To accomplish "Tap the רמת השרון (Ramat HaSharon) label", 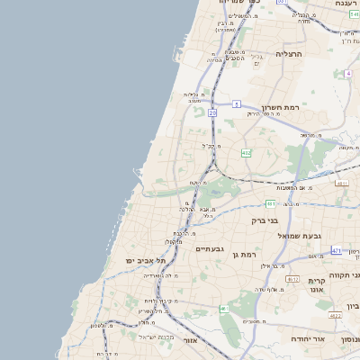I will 280,106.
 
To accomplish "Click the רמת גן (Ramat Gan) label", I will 245,256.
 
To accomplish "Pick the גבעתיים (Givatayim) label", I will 209,247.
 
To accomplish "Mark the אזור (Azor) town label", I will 190,340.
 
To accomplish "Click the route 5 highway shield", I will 237,104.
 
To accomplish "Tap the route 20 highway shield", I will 212,113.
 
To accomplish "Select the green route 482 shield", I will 247,154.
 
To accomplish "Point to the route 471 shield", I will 336,251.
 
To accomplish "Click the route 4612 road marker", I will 292,279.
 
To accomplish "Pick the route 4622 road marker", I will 335,315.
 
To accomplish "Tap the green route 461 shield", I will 224,309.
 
